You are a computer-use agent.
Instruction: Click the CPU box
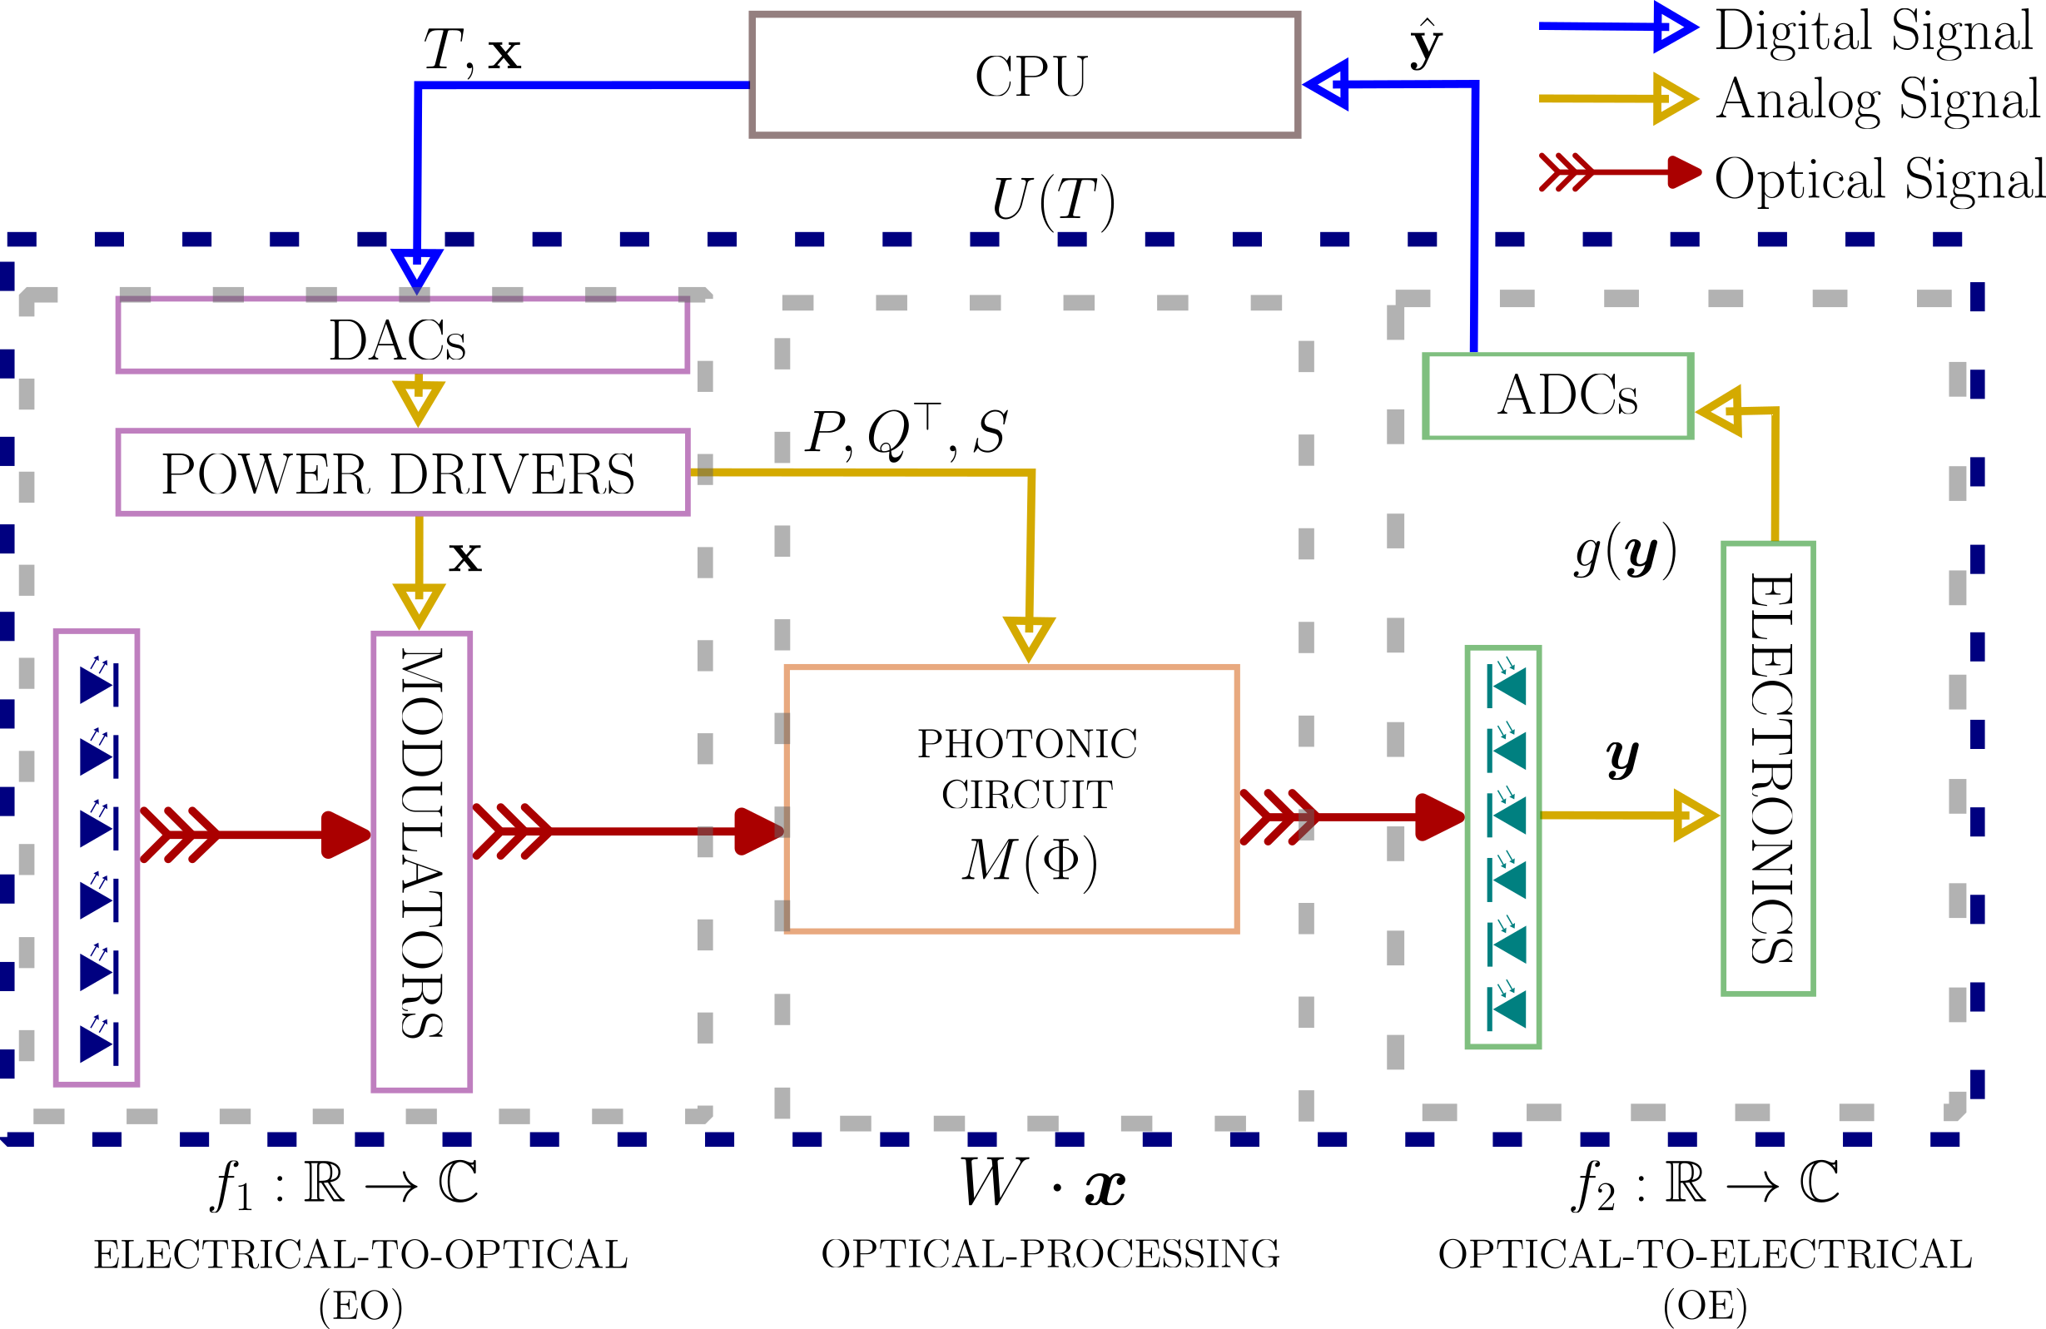[1024, 75]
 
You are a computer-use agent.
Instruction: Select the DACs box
[402, 336]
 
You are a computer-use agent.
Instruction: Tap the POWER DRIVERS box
[402, 473]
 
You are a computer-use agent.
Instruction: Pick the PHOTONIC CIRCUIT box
[1011, 799]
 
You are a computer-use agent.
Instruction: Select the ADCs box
[1557, 396]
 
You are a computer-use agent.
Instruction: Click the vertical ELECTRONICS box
[1767, 767]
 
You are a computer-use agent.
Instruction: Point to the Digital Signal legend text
[1874, 31]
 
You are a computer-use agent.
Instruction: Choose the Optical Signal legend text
[1880, 179]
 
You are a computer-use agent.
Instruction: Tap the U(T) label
[1052, 201]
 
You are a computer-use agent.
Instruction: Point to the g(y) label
[1625, 550]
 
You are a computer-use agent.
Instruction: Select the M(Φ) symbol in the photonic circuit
[1029, 860]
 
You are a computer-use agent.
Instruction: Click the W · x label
[1042, 1183]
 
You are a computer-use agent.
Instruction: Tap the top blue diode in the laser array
[99, 684]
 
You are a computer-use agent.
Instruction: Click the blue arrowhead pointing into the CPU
[1326, 84]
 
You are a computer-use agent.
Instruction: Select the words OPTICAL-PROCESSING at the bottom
[1050, 1254]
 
